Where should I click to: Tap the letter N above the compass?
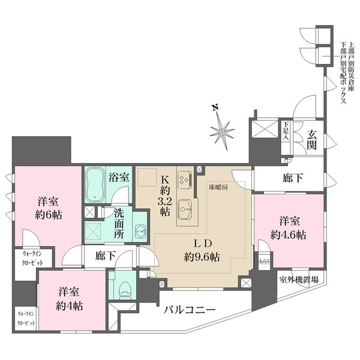coord(215,109)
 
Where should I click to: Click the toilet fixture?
coord(125,287)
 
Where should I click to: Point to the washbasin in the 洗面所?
coord(140,232)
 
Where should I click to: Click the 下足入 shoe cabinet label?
coord(286,130)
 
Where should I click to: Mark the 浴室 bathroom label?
coord(118,177)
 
